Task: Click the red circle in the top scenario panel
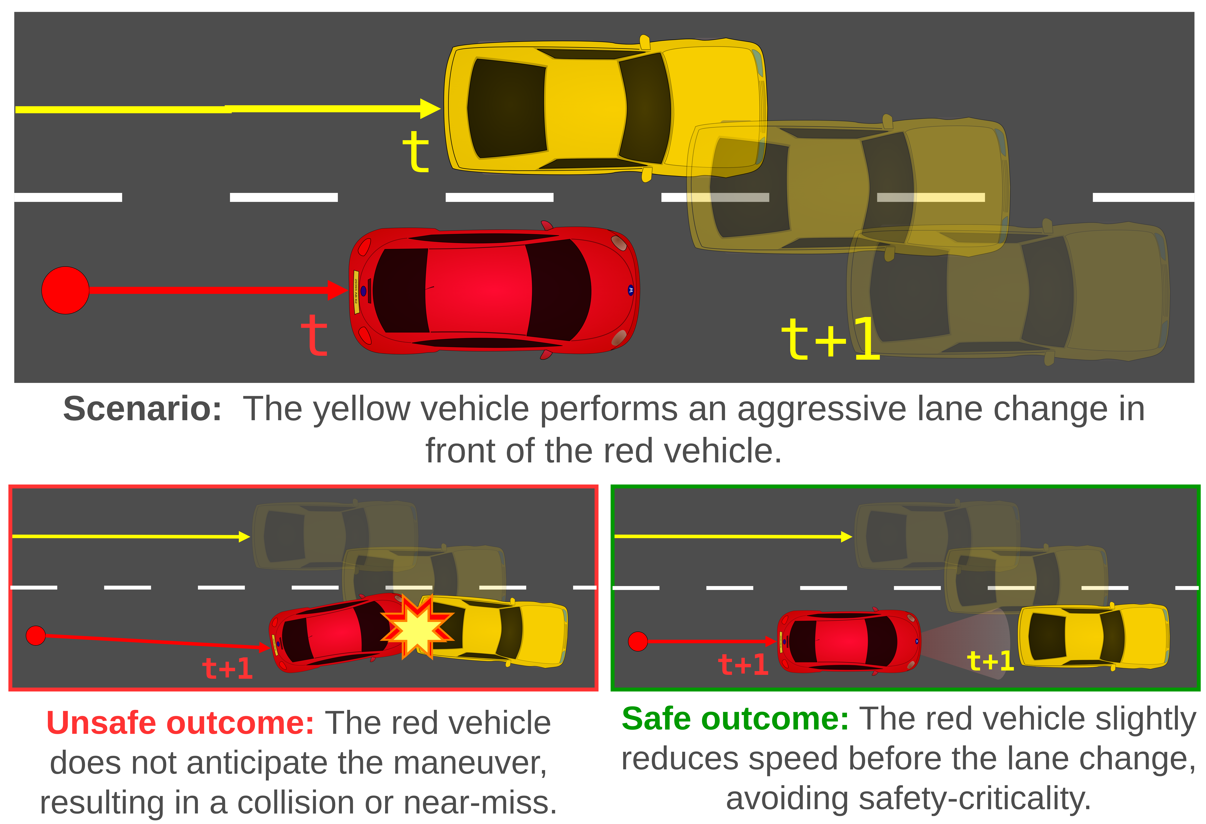[65, 290]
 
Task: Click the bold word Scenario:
[142, 409]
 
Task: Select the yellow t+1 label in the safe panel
[990, 661]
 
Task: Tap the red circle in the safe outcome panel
[638, 641]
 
